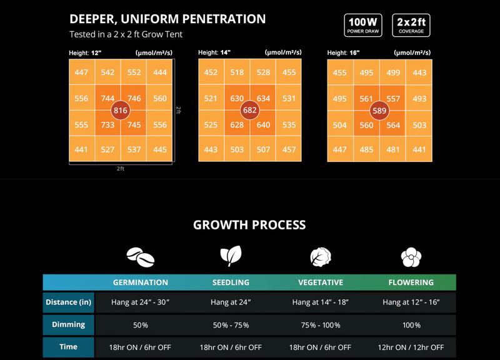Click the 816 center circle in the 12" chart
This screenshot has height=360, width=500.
point(120,111)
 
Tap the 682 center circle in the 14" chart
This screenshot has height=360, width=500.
point(249,111)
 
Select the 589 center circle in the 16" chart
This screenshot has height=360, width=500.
point(379,111)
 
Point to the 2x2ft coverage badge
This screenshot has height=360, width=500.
point(411,26)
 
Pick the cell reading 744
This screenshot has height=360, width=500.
point(107,98)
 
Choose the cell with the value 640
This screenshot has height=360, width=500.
point(263,124)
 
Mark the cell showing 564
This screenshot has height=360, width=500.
point(392,124)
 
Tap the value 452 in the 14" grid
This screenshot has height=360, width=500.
point(211,72)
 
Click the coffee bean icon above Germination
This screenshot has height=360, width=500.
point(140,256)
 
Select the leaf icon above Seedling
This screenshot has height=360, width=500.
point(230,256)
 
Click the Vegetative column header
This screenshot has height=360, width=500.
point(321,282)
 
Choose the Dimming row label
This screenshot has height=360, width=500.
point(69,325)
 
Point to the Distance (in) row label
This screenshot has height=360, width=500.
point(69,302)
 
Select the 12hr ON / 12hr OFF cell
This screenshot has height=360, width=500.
point(411,347)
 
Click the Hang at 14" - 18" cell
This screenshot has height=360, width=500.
point(321,302)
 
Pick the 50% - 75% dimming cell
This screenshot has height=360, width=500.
point(231,325)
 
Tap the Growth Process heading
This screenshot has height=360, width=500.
point(249,225)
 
